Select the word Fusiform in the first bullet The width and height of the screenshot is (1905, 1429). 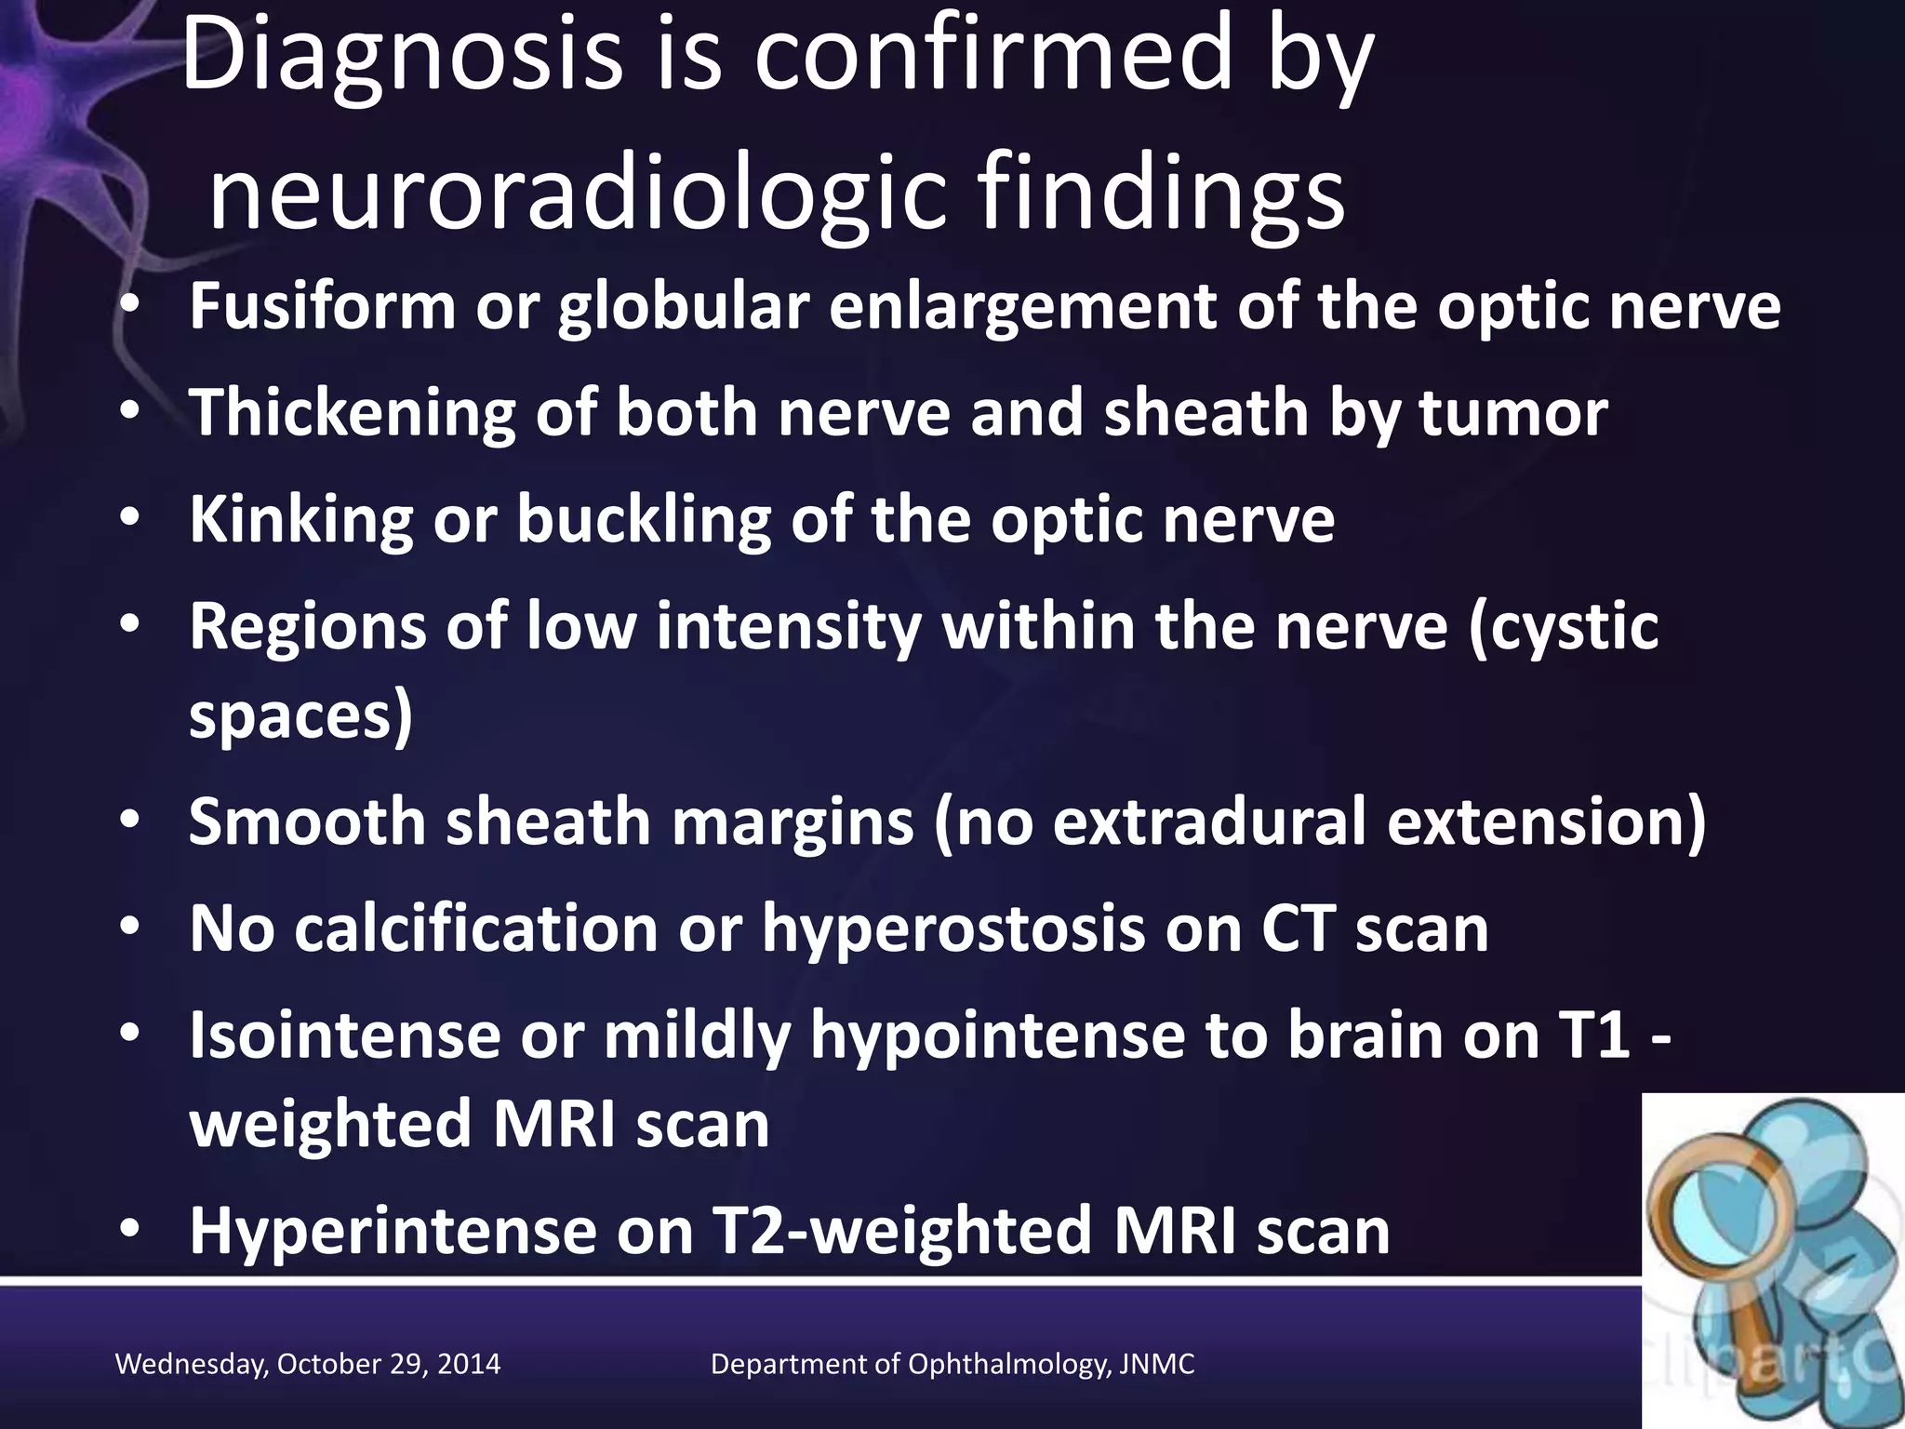point(322,306)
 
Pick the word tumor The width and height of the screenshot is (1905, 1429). point(1513,413)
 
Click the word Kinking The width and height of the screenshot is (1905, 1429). point(300,519)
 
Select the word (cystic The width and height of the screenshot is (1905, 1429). point(1563,626)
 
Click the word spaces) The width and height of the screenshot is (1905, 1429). point(300,715)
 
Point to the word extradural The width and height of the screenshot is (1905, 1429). point(1209,821)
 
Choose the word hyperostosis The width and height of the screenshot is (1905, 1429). point(953,928)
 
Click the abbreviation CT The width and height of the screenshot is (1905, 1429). point(1298,928)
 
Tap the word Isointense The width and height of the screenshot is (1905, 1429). point(344,1035)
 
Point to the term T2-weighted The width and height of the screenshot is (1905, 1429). point(902,1231)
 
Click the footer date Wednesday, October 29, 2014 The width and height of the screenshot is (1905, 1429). point(308,1364)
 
